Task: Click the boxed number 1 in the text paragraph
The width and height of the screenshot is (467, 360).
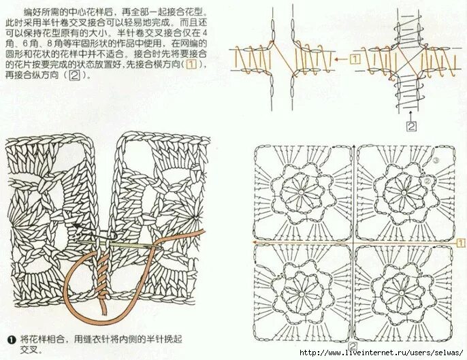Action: (x=193, y=65)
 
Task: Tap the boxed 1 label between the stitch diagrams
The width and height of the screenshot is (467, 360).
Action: (x=356, y=59)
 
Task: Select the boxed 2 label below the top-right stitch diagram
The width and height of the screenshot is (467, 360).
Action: (x=410, y=125)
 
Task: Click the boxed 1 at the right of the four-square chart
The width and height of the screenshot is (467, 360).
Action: (x=460, y=242)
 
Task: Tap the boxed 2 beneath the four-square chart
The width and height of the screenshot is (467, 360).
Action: (x=353, y=347)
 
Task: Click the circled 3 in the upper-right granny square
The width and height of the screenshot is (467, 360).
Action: (x=436, y=161)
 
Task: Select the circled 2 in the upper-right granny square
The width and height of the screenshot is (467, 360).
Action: (x=427, y=181)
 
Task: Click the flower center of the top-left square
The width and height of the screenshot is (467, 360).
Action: (x=301, y=193)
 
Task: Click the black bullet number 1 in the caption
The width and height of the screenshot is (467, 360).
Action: (x=11, y=338)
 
